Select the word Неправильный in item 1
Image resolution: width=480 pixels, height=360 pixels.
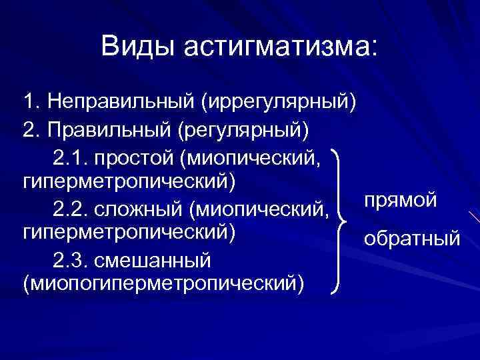(x=120, y=103)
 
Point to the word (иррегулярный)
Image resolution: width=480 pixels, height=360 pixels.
(x=278, y=103)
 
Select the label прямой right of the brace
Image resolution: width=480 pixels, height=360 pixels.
(x=401, y=199)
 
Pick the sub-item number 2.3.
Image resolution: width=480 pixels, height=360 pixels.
(x=69, y=259)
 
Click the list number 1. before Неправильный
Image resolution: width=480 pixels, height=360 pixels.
(x=29, y=103)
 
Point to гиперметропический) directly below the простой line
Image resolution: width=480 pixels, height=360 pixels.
(x=129, y=181)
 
